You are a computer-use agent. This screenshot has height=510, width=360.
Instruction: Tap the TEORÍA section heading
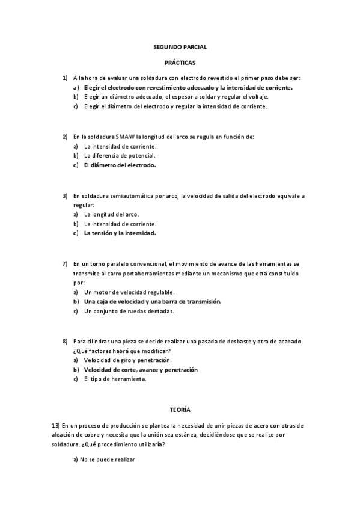180,410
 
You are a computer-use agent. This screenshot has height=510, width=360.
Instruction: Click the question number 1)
65,78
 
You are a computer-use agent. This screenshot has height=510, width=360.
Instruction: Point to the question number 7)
65,263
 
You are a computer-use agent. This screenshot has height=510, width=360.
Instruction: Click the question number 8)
65,341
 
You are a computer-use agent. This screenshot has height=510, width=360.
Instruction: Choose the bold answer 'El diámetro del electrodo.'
120,165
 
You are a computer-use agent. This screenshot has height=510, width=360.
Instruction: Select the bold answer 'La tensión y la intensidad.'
120,233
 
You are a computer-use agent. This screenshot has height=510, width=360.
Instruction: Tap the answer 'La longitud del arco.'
111,214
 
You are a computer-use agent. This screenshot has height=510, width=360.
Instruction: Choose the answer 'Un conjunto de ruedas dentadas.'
129,311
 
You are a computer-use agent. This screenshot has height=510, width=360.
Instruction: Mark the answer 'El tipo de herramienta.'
115,379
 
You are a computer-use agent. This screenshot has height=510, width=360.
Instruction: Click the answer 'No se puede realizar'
105,459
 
